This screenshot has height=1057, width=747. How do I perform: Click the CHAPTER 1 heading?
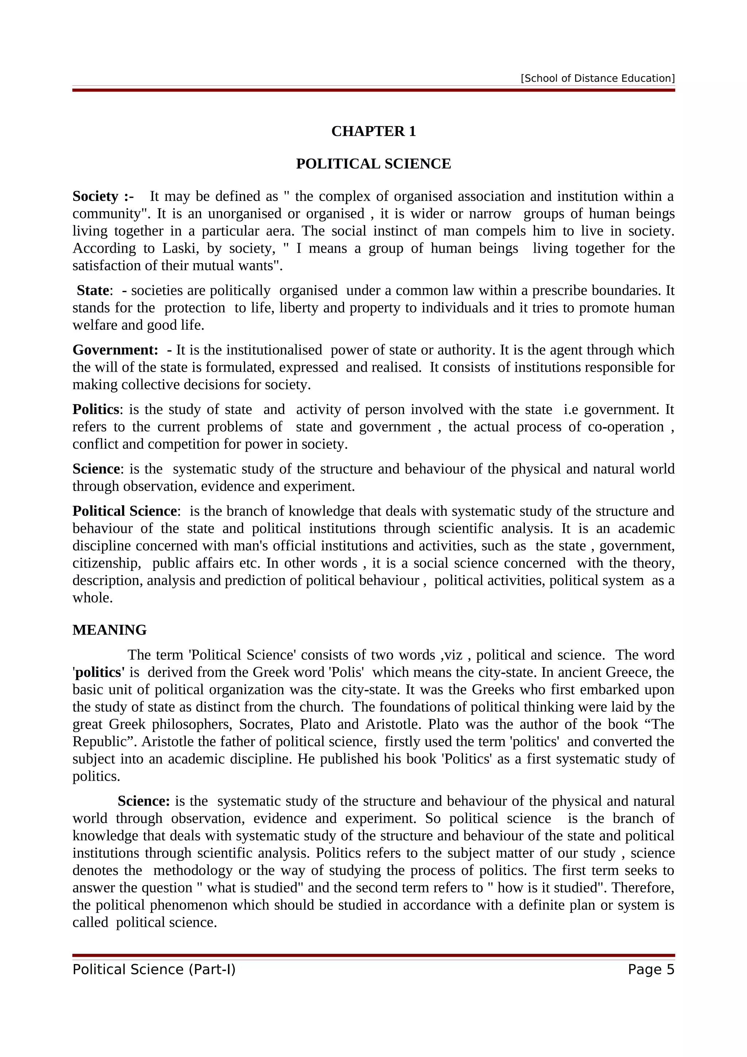[x=373, y=131]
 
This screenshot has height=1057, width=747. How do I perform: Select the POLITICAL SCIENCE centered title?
[x=373, y=164]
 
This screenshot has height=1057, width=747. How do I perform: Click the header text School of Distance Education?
[x=597, y=78]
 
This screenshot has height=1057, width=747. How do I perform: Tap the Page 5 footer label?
[x=651, y=969]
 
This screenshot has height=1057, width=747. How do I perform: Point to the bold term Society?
[x=96, y=196]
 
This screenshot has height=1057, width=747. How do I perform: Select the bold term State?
[x=93, y=290]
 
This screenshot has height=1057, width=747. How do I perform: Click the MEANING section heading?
[x=109, y=630]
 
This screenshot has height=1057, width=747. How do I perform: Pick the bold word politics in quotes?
[x=99, y=673]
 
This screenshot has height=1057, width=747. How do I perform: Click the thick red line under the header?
[x=373, y=90]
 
